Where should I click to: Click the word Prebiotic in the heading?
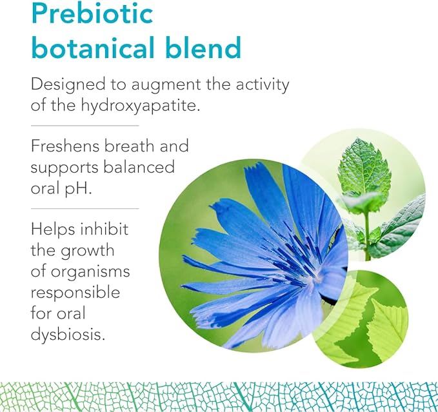(92, 13)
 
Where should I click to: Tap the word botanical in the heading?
(93, 47)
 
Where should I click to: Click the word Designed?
(68, 85)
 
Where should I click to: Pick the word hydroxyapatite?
(141, 106)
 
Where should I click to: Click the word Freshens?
(65, 146)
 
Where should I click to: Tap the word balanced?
(139, 167)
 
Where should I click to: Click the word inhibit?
(105, 229)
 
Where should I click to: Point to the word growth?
(88, 251)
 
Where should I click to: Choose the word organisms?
(90, 272)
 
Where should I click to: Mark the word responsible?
(75, 292)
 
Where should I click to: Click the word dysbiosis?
(68, 334)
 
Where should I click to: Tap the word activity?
(263, 85)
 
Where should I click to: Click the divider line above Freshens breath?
(85, 126)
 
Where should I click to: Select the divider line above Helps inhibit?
(85, 208)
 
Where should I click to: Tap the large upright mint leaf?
(364, 168)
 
